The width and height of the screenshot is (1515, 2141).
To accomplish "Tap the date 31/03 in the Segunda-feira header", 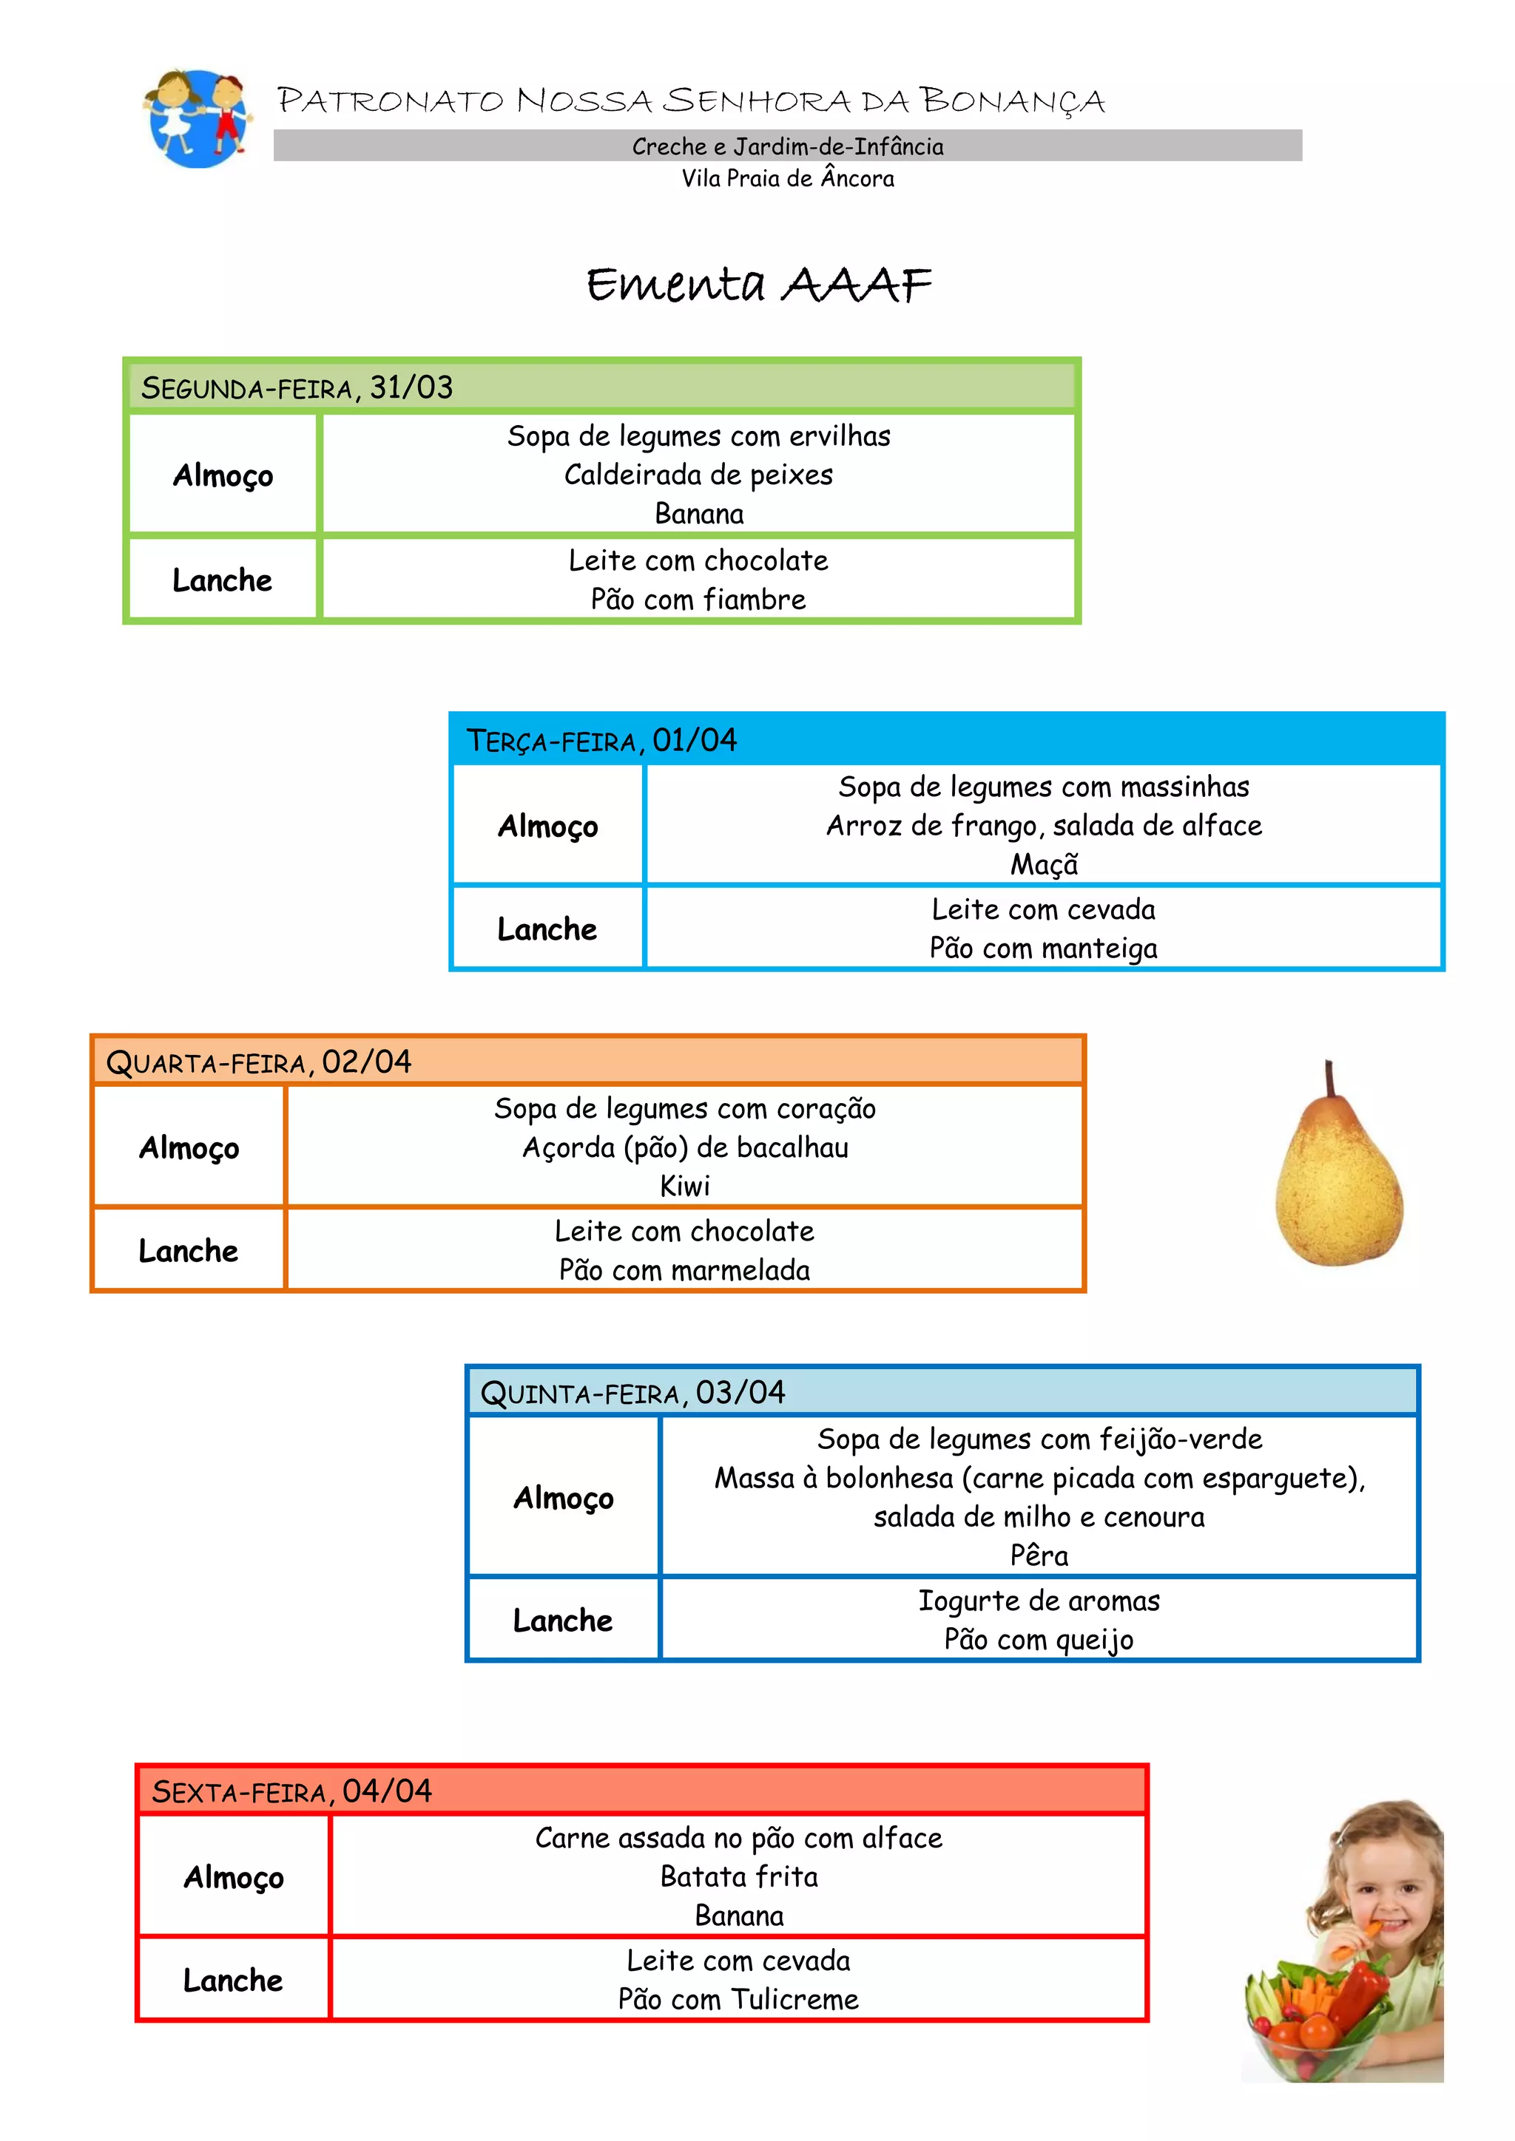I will point(411,387).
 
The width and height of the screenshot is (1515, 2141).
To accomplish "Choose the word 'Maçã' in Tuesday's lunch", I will point(1044,864).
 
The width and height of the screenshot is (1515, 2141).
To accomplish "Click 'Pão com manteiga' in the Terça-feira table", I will point(1043,949).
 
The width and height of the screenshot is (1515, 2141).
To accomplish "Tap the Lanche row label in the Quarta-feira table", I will point(189,1250).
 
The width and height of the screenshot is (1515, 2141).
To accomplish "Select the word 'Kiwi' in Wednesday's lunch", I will point(685,1186).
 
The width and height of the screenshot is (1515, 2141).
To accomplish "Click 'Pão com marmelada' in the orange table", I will point(685,1270).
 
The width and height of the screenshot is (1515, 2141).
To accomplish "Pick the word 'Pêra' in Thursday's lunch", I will point(1039,1555).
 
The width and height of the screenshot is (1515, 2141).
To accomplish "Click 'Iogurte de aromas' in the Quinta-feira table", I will point(1039,1601).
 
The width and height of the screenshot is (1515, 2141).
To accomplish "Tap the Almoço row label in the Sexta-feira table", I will point(233,1877).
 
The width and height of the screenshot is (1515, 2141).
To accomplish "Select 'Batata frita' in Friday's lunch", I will point(739,1876).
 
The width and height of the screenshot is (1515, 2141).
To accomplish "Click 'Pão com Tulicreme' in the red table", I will point(738,1999).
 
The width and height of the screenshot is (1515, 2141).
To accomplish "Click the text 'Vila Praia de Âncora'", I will point(787,178).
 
